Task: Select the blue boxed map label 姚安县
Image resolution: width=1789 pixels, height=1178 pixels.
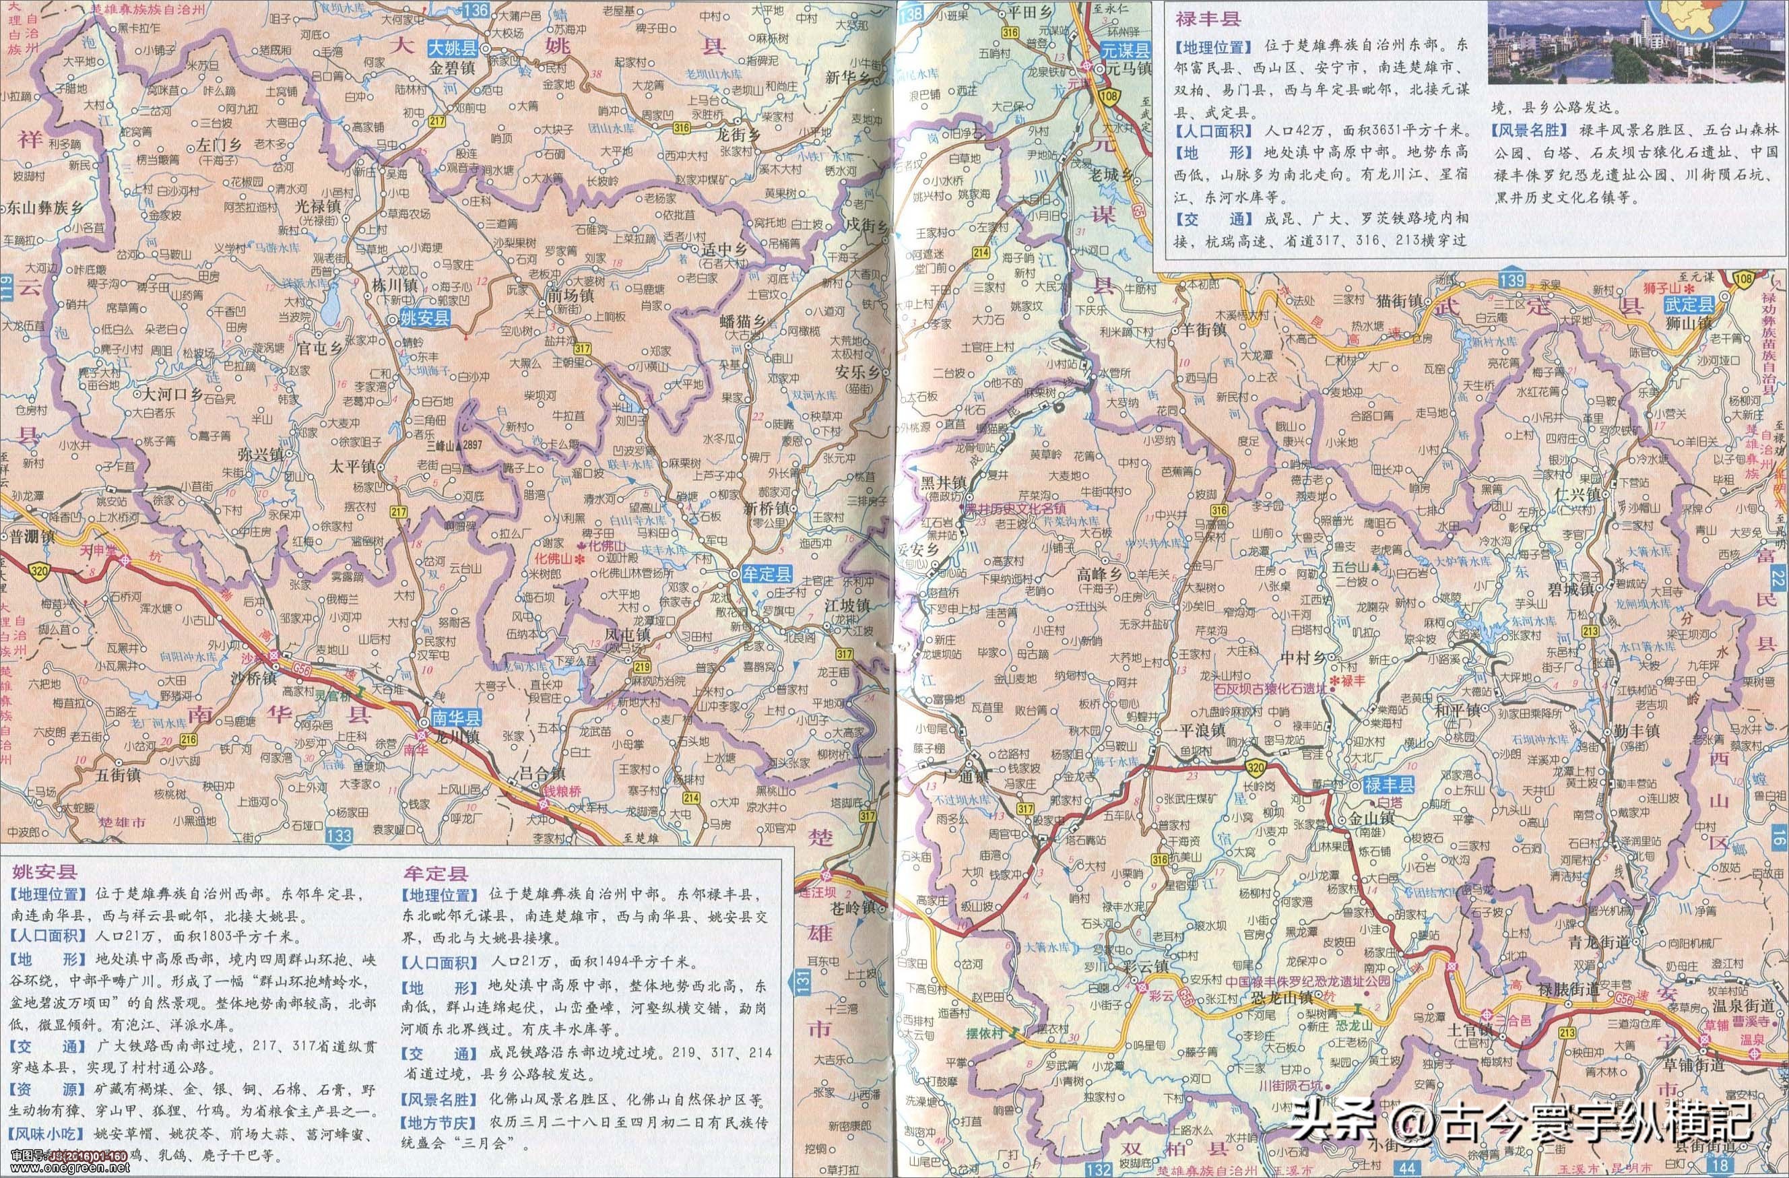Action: point(425,318)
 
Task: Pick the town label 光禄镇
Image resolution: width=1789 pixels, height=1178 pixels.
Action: point(319,205)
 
